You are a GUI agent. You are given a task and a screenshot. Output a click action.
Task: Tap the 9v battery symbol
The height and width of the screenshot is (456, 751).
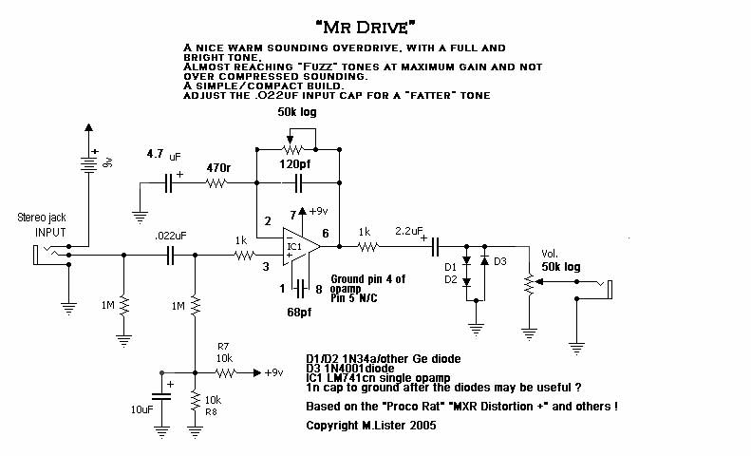coord(88,162)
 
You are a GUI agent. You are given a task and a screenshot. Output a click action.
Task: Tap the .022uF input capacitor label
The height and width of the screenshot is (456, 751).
coord(169,235)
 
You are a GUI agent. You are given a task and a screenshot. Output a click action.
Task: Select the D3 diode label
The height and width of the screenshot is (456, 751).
coord(501,260)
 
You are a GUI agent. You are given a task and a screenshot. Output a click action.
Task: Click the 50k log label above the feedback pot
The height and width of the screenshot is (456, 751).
coord(297,112)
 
